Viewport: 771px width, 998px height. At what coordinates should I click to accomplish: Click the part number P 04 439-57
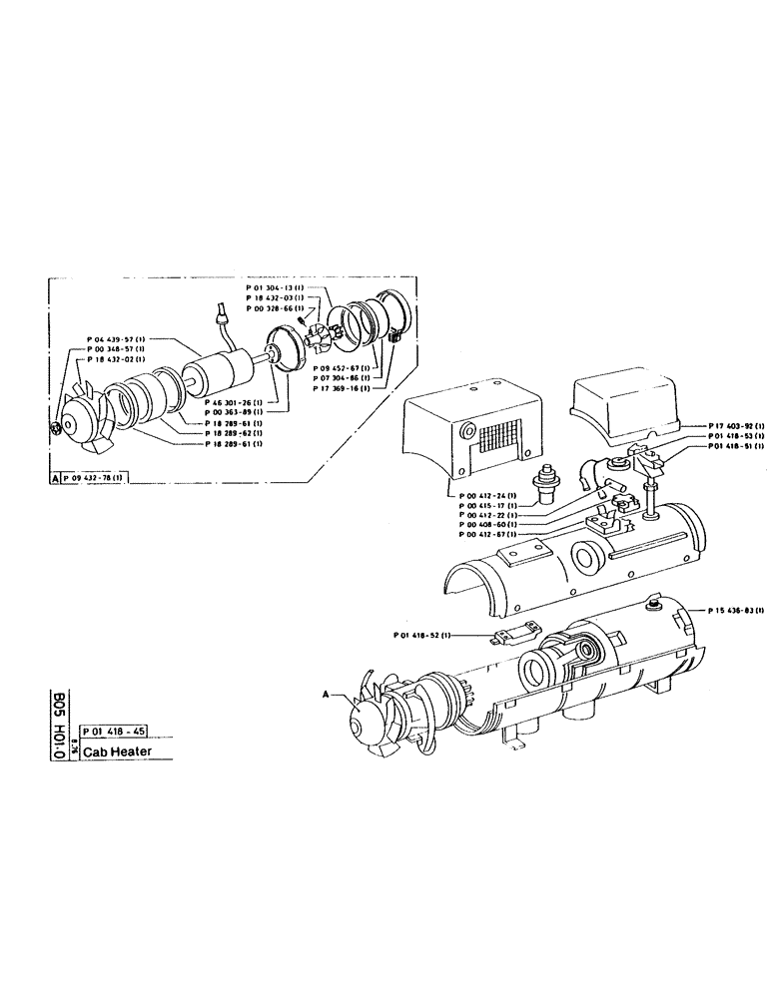coord(117,339)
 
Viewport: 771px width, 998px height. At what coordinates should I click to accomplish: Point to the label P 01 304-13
coord(275,287)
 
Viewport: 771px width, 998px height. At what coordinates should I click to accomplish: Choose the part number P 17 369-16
coord(341,389)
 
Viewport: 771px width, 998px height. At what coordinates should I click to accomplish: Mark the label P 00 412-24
coord(486,496)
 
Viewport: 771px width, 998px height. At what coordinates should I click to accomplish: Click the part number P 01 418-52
coord(422,635)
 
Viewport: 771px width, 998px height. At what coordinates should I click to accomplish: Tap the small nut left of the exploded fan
coord(56,428)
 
